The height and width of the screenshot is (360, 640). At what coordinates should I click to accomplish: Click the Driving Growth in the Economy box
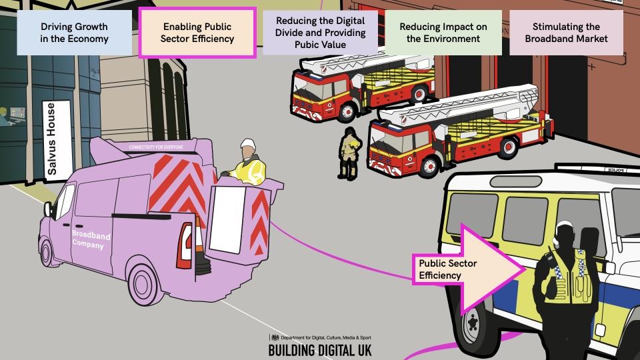pyautogui.click(x=74, y=33)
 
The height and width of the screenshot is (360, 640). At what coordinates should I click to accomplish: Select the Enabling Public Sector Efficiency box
pyautogui.click(x=197, y=33)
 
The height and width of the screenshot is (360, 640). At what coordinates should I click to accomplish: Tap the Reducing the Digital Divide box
pyautogui.click(x=320, y=33)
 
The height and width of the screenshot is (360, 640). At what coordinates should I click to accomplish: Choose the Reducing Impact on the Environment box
pyautogui.click(x=443, y=33)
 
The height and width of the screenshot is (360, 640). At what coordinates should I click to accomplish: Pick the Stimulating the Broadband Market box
pyautogui.click(x=566, y=33)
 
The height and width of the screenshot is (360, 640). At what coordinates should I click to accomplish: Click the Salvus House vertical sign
pyautogui.click(x=52, y=139)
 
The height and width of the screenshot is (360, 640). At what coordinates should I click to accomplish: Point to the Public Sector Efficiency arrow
pyautogui.click(x=467, y=269)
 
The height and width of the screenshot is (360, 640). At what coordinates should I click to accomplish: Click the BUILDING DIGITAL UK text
pyautogui.click(x=320, y=350)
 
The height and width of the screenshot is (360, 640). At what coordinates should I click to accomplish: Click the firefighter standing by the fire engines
pyautogui.click(x=347, y=153)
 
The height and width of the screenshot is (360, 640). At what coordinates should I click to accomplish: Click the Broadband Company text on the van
pyautogui.click(x=91, y=241)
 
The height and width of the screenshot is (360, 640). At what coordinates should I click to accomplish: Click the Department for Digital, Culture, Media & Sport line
pyautogui.click(x=320, y=338)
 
